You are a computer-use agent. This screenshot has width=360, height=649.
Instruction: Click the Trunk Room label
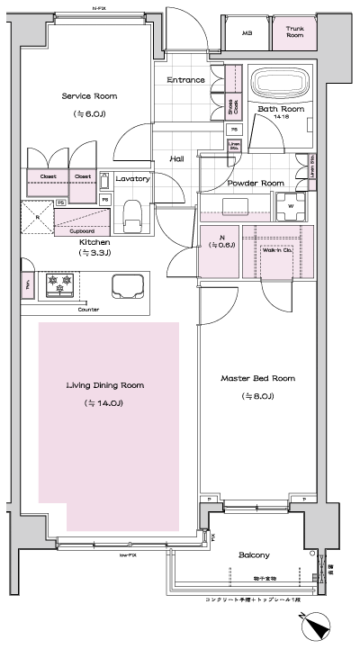tap(296, 32)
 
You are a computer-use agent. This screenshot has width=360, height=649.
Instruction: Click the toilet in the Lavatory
tap(132, 214)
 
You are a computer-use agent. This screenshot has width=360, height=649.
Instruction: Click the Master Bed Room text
tap(257, 378)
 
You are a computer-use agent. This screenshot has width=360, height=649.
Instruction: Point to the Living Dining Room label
tap(105, 385)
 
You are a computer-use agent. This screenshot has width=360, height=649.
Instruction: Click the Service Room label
tap(89, 96)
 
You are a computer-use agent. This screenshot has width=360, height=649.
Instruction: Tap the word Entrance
tap(186, 80)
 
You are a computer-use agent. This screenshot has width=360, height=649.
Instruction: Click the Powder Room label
tap(256, 183)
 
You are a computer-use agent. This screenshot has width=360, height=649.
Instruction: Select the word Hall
tap(177, 158)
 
